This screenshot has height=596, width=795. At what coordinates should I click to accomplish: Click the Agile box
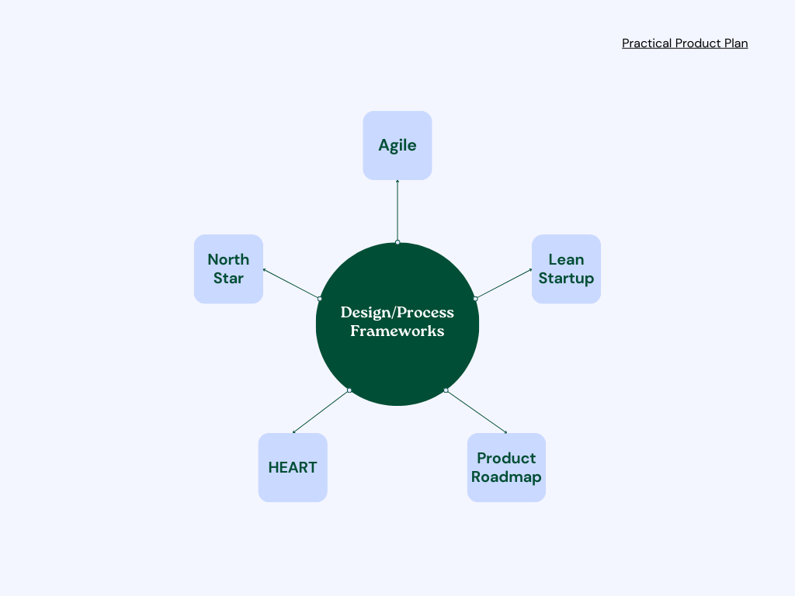click(397, 145)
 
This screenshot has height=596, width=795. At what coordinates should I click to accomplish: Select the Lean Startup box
click(566, 269)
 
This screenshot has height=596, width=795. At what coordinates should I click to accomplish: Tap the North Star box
click(228, 269)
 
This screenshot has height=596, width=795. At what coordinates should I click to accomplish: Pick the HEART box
click(293, 467)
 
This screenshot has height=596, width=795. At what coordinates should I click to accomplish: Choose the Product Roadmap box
click(506, 467)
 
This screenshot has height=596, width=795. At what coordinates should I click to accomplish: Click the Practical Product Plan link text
click(685, 43)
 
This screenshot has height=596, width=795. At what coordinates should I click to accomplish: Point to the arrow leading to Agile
click(397, 211)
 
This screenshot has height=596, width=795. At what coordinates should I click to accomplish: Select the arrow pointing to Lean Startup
click(504, 284)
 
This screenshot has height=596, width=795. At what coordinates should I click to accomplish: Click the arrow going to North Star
click(291, 284)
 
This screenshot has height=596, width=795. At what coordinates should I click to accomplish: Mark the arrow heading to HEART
click(321, 411)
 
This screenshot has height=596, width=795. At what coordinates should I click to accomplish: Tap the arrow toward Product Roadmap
click(477, 411)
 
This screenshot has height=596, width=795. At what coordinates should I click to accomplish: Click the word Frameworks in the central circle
click(397, 331)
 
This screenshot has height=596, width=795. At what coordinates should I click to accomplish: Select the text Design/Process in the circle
click(397, 313)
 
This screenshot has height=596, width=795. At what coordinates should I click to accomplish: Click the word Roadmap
click(506, 477)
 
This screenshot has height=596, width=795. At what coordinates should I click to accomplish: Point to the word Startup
click(566, 279)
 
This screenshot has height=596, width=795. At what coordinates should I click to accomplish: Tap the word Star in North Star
click(228, 279)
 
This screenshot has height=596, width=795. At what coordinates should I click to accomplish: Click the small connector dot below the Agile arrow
click(397, 242)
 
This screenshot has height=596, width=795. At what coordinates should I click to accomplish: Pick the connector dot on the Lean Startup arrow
click(475, 299)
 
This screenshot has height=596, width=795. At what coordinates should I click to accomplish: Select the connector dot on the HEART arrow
click(349, 390)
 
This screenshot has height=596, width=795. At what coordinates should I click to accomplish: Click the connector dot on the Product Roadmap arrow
click(446, 390)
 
